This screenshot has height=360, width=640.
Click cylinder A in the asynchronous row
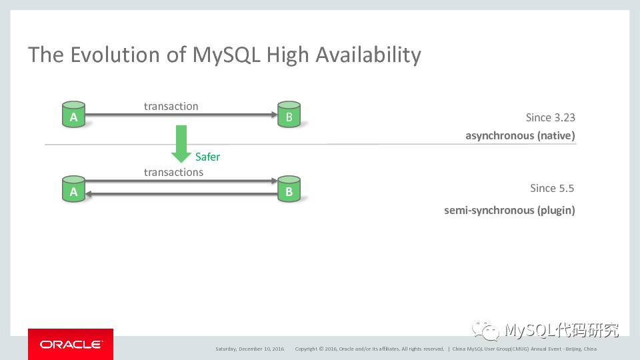73,115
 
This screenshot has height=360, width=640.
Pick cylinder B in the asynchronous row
289,115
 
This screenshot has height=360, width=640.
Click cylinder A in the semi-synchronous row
73,189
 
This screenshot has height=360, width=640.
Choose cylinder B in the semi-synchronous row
289,189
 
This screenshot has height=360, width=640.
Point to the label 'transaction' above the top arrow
171,106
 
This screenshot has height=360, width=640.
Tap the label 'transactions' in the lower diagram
173,172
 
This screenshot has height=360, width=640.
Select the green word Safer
207,157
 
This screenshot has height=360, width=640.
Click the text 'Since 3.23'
550,117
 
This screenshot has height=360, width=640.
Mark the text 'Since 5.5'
552,188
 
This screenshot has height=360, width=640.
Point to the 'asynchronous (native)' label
520,136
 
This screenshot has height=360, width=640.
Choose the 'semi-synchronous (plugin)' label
509,210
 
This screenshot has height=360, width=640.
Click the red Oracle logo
71,344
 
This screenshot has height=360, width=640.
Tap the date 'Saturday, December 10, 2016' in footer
250,349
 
